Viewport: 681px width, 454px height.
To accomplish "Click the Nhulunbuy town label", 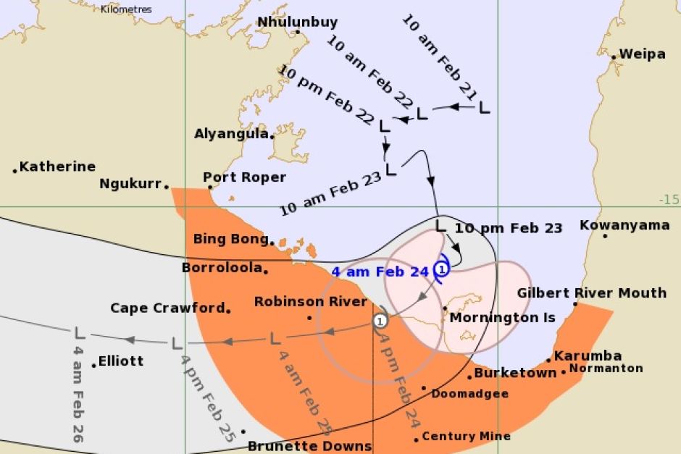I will pyautogui.click(x=297, y=22).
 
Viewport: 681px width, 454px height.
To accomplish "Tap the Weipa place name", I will pyautogui.click(x=642, y=54).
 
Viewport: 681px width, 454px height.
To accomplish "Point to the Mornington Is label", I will pyautogui.click(x=502, y=317).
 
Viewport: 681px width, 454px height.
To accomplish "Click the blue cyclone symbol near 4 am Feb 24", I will pyautogui.click(x=442, y=269).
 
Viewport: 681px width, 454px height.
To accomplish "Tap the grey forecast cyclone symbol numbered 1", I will pyautogui.click(x=381, y=319).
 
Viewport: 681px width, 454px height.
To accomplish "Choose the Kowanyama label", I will pyautogui.click(x=624, y=225).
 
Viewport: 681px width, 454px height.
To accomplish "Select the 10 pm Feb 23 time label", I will pyautogui.click(x=508, y=227).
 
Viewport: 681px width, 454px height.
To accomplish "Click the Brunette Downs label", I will pyautogui.click(x=309, y=446).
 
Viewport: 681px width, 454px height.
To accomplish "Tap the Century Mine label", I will pyautogui.click(x=466, y=436).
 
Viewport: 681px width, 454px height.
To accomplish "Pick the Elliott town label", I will pyautogui.click(x=121, y=361).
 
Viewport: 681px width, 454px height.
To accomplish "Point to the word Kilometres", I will pyautogui.click(x=126, y=9).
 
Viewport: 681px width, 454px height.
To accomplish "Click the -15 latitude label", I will pyautogui.click(x=669, y=199).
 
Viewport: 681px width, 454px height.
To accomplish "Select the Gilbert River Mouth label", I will pyautogui.click(x=591, y=293).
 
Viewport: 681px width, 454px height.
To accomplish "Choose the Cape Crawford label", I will pyautogui.click(x=167, y=308).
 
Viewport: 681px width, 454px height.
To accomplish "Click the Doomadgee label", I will pyautogui.click(x=469, y=394).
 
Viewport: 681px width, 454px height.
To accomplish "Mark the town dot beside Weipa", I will pyautogui.click(x=613, y=56).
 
